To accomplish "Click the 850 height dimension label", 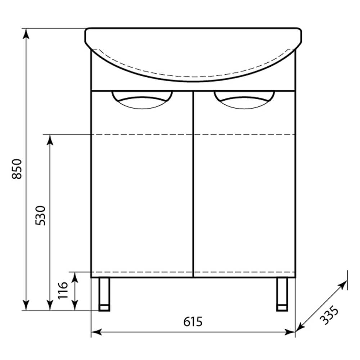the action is point(17,169).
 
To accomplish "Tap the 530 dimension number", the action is point(40,216).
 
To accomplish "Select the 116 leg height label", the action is point(63,291).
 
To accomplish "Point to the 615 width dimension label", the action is point(193,321).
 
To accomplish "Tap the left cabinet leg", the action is point(104,294).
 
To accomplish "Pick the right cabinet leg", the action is point(282,294).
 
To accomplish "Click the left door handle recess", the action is point(142,100).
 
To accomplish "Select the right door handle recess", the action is point(244,100).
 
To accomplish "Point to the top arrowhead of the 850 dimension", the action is point(26,33).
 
